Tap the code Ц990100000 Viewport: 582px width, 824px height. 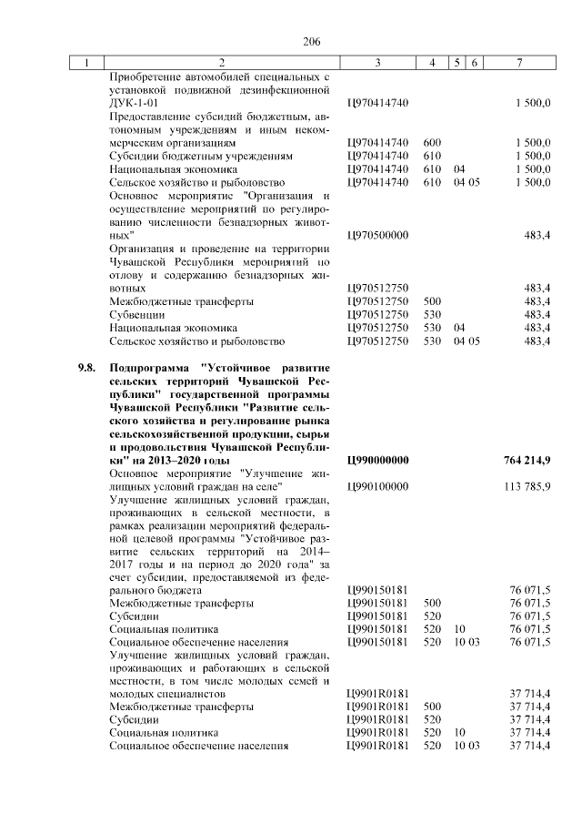click(x=376, y=486)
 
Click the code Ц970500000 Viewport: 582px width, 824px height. click(x=376, y=235)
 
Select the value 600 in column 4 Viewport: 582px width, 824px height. click(x=432, y=143)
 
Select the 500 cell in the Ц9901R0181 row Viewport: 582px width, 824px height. click(x=432, y=706)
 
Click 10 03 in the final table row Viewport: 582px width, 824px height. click(x=466, y=746)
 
